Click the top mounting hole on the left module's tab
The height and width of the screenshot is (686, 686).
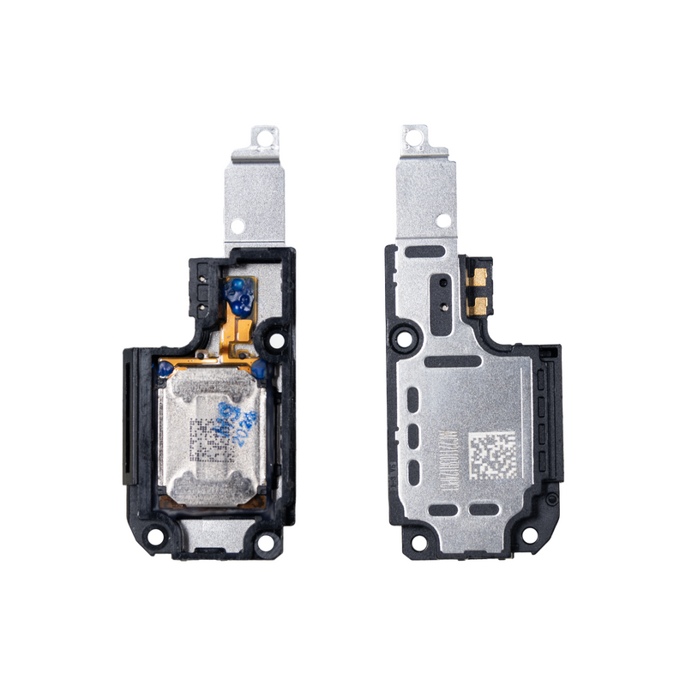tap(266, 135)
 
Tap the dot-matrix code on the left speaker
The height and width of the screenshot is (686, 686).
tap(208, 440)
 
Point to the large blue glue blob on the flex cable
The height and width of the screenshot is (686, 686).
tap(238, 295)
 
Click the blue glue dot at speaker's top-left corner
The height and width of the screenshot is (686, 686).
tap(162, 369)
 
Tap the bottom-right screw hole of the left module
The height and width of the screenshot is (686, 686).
tap(266, 541)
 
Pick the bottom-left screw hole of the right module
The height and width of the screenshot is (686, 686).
tap(418, 541)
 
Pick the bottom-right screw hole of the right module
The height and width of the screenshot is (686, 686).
tap(530, 536)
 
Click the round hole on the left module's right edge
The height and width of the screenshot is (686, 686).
tap(277, 340)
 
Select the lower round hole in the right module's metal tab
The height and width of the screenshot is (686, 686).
tap(442, 220)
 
